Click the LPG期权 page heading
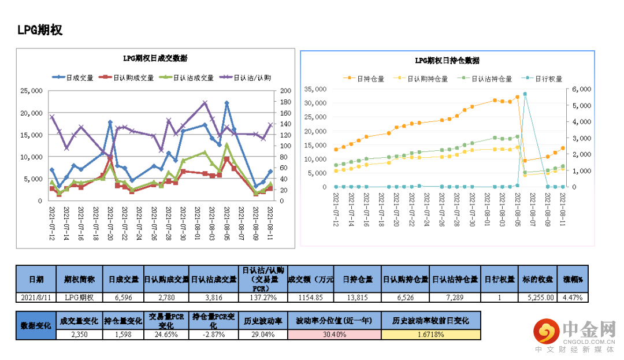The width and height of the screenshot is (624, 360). tap(40, 31)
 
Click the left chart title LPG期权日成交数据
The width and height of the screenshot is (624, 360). tap(155, 58)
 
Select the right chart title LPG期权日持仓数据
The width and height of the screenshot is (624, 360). tap(447, 60)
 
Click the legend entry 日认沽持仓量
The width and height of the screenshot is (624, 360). tap(492, 79)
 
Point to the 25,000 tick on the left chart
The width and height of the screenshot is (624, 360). tap(31, 91)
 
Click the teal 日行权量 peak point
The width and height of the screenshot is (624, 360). tap(525, 94)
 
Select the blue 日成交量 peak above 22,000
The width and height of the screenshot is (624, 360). tap(226, 103)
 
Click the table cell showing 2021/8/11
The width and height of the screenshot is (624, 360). tap(35, 297)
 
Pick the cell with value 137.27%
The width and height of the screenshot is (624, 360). tap(263, 297)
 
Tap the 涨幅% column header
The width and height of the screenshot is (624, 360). tap(573, 279)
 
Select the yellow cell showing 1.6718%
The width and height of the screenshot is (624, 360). tap(430, 335)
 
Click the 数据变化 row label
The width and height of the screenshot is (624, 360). tap(35, 325)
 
